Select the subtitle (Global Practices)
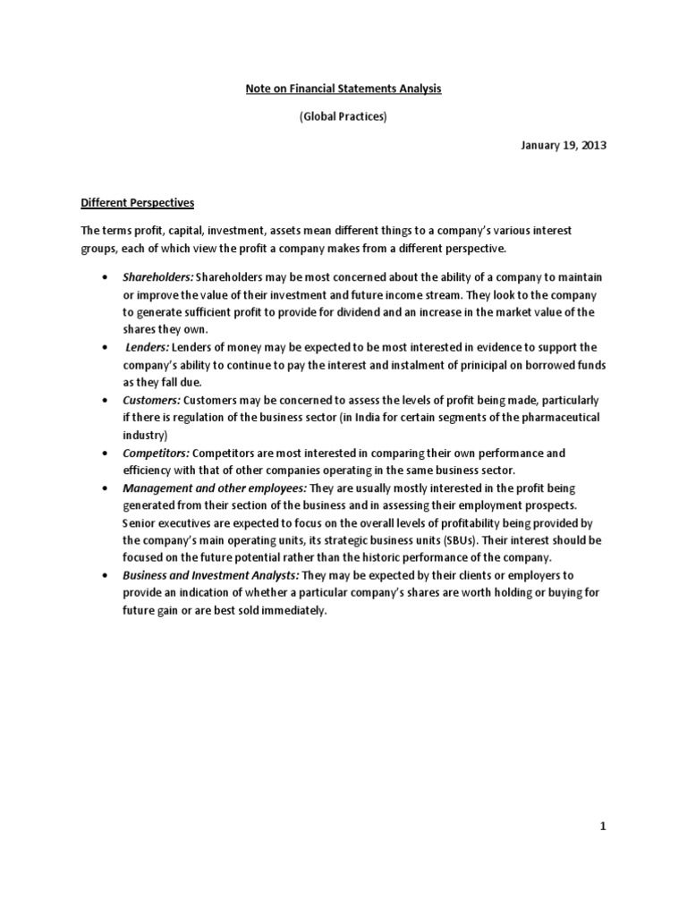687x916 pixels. [x=343, y=117]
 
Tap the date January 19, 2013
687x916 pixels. [x=564, y=146]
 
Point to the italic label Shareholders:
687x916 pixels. [x=158, y=277]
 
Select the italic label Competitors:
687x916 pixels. [x=157, y=454]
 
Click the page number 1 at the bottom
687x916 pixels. [x=604, y=827]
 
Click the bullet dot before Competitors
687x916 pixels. [x=107, y=454]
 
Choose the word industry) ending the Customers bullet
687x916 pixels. [x=146, y=435]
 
